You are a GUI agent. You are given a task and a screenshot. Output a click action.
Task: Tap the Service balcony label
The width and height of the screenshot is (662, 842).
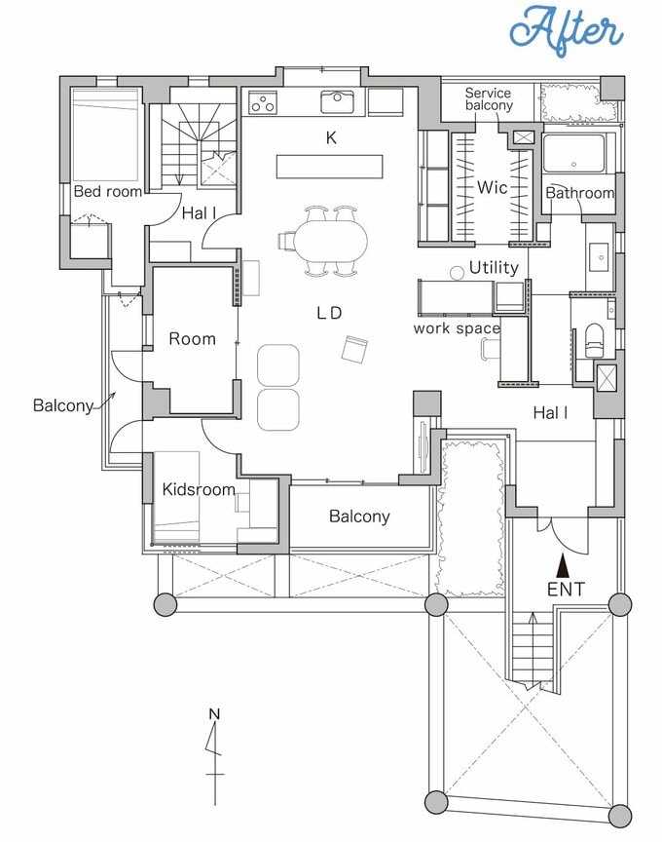489,99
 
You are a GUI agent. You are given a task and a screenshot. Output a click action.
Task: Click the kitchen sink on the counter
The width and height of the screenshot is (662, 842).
337,102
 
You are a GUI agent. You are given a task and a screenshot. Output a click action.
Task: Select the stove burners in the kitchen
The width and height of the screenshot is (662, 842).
263,102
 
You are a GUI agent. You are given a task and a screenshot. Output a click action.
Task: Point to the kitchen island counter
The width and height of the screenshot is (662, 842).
329,167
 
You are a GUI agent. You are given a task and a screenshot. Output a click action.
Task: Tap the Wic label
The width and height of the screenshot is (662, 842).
492,187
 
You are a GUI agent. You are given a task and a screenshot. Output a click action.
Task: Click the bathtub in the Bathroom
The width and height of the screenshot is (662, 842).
573,153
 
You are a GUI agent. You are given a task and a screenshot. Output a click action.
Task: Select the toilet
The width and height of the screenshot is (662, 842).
594,340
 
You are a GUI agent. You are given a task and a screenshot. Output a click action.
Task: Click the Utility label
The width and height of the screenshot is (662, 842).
494,267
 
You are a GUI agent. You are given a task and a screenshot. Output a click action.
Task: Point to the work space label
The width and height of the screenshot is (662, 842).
457,328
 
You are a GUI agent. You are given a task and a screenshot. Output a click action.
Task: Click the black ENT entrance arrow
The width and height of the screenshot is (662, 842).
563,564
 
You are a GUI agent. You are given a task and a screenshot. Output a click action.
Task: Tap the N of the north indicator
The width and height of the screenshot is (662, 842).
214,714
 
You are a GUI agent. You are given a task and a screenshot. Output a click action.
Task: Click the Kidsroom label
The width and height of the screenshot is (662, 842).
199,489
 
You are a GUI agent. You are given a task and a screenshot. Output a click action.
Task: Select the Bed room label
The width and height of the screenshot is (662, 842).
107,191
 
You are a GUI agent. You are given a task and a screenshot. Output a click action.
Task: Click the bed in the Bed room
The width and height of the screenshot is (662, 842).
105,134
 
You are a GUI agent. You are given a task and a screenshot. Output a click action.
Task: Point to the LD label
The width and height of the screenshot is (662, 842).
329,313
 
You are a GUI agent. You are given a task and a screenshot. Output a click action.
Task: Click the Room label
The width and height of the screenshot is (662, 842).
192,339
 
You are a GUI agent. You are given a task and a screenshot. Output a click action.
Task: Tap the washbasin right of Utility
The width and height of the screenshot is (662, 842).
600,257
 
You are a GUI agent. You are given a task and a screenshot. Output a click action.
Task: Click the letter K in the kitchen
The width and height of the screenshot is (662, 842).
331,138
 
